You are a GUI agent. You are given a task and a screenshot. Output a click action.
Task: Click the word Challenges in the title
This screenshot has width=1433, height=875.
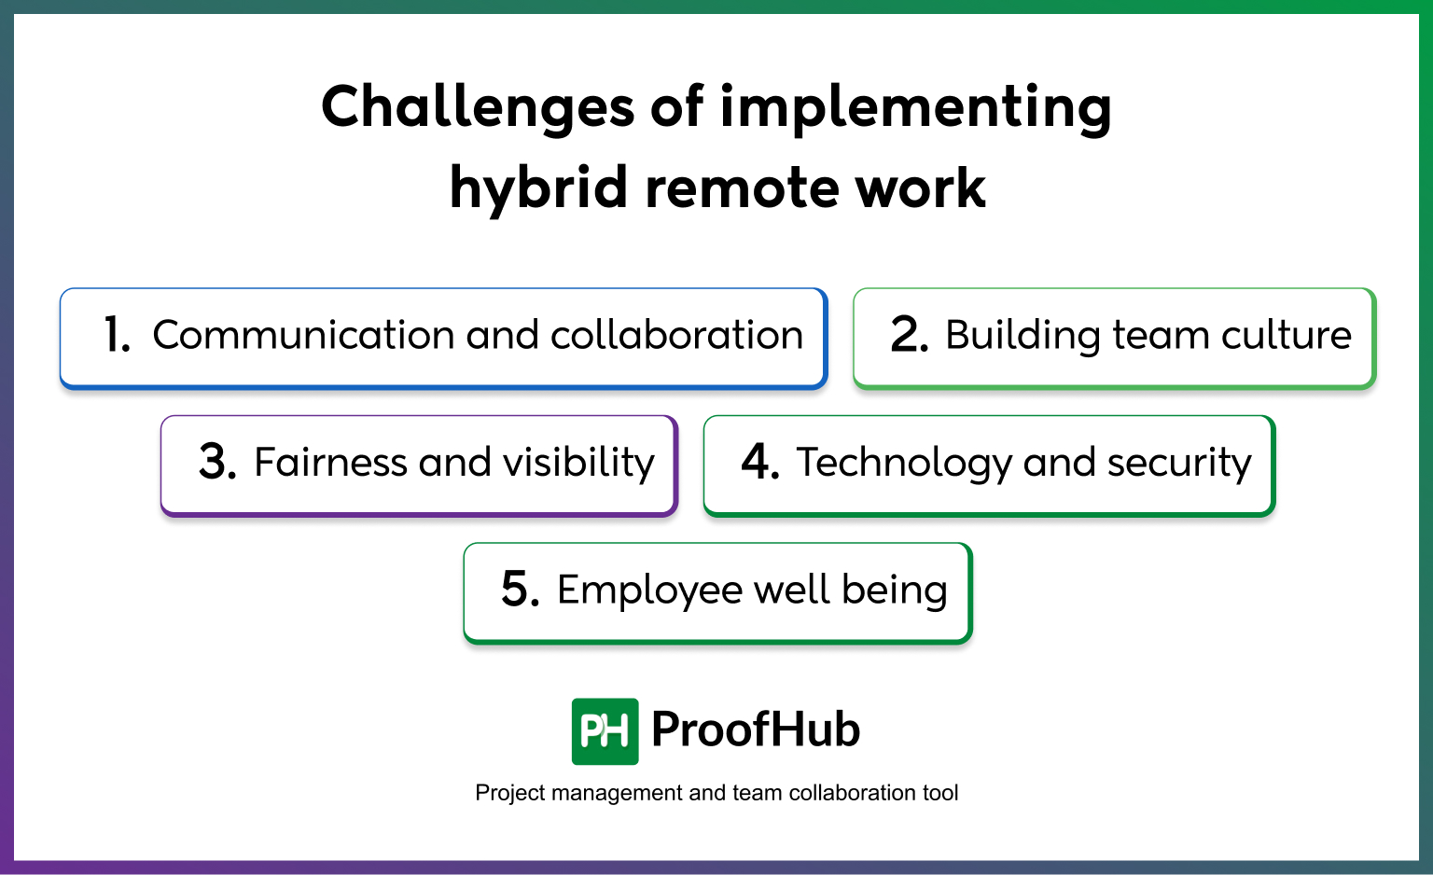click(x=478, y=106)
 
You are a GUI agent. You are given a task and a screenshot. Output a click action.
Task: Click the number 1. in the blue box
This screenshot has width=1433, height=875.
click(x=118, y=336)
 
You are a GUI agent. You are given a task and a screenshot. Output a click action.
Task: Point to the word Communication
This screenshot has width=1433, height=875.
click(x=303, y=336)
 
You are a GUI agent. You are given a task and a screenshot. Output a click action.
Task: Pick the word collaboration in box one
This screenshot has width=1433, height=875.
click(x=676, y=336)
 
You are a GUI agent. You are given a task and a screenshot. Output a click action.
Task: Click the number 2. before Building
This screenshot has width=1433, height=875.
click(x=909, y=336)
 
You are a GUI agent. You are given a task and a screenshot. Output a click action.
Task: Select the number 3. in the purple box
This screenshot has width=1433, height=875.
click(x=217, y=463)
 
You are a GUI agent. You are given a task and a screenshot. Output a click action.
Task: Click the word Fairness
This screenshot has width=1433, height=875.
click(x=330, y=463)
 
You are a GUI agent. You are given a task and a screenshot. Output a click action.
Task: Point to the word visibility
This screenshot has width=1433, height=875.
click(x=578, y=463)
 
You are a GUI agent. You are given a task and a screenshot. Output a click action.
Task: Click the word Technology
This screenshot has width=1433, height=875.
click(x=903, y=463)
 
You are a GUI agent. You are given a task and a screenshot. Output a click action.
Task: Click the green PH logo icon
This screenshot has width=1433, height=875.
click(x=605, y=731)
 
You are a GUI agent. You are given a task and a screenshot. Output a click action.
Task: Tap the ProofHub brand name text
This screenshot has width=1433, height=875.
click(x=756, y=729)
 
